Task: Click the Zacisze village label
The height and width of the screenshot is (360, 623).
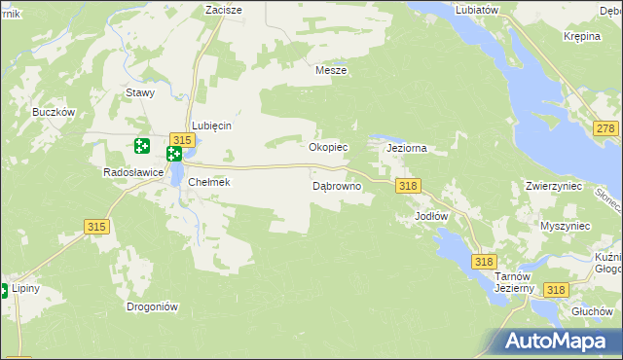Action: pyautogui.click(x=223, y=9)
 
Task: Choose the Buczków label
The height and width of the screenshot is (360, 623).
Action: pyautogui.click(x=54, y=112)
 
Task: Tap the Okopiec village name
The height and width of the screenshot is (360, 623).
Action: pyautogui.click(x=328, y=148)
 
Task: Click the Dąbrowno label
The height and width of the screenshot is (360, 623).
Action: pyautogui.click(x=337, y=185)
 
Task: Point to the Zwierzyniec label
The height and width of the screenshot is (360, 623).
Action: pyautogui.click(x=553, y=186)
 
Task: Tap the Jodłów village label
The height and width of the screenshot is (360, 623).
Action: pyautogui.click(x=430, y=215)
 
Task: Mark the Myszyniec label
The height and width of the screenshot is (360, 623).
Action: pyautogui.click(x=566, y=226)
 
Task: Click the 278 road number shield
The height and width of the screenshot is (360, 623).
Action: pyautogui.click(x=606, y=129)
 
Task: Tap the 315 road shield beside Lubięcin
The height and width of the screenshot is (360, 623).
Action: pyautogui.click(x=181, y=140)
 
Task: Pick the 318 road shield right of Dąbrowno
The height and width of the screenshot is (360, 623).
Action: pyautogui.click(x=407, y=186)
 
